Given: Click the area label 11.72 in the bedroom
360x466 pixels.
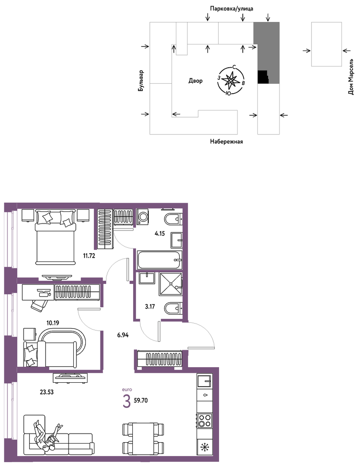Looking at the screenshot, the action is (x=89, y=255).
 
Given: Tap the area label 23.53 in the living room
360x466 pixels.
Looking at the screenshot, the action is (x=47, y=392).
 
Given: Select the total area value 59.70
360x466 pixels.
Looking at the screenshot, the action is (x=141, y=400).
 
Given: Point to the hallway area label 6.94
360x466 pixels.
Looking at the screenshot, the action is (x=123, y=335).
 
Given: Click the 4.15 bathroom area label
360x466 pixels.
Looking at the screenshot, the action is (x=160, y=233).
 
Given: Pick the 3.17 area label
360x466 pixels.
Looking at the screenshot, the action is (x=150, y=306).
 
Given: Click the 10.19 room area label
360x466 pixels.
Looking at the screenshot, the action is (x=53, y=323).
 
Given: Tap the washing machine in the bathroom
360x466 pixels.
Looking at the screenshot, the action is (x=143, y=217).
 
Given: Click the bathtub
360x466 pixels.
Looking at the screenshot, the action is (x=160, y=260).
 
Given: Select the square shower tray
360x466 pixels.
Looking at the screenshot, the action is (x=170, y=284).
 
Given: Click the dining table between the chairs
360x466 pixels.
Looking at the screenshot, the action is (x=143, y=438).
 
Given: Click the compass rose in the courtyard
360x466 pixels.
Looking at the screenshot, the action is (x=231, y=81).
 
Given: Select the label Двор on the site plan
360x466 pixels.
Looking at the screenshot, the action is (x=195, y=81).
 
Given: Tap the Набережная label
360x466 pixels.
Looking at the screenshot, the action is (x=226, y=142).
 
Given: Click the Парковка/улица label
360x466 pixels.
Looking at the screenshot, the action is (x=232, y=9).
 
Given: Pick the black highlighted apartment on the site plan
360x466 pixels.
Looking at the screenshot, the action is (x=263, y=77).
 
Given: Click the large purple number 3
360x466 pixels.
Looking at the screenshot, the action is (x=126, y=401).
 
